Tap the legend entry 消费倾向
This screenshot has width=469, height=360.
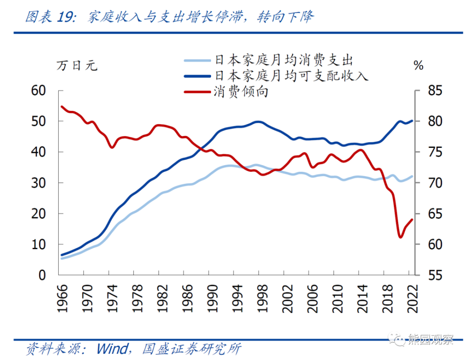click(x=241, y=91)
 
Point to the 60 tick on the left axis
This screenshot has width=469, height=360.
click(x=38, y=91)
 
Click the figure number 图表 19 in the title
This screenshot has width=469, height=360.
click(x=50, y=17)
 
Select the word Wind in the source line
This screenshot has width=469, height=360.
click(x=112, y=349)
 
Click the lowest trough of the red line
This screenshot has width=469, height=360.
click(x=401, y=237)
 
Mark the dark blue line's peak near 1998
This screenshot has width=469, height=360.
click(x=257, y=122)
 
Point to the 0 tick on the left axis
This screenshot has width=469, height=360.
click(x=43, y=276)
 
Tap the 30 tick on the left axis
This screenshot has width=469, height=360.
click(x=38, y=183)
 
